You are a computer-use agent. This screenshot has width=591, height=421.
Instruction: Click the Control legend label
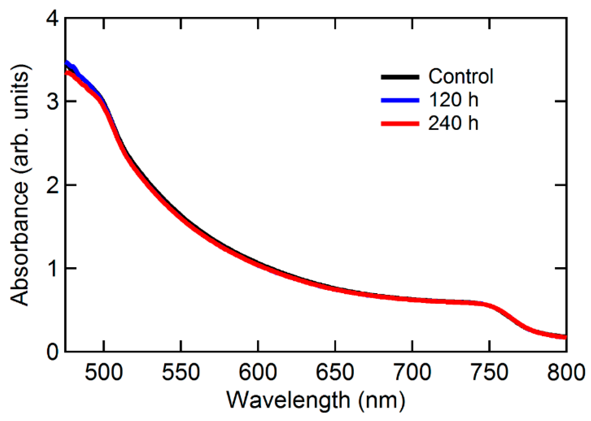coord(461,77)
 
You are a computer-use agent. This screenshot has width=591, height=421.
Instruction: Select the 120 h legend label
coord(453,100)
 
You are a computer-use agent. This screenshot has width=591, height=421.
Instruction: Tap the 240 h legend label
coord(453,123)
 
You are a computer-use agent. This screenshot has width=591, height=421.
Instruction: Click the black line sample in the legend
coord(400,77)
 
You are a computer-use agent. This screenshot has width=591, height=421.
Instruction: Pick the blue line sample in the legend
coord(400,100)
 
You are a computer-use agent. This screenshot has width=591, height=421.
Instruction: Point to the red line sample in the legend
coord(400,124)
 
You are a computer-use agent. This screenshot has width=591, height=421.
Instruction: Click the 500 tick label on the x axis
coord(104,372)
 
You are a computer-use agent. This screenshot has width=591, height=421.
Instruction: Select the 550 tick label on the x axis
coord(181,372)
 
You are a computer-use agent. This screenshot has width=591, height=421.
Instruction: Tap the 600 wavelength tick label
coord(258,372)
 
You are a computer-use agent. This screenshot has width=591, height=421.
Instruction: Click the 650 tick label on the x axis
coord(335,372)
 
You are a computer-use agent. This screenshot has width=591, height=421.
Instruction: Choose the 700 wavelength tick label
coord(412,372)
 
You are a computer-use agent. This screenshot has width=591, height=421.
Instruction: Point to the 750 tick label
coord(489,372)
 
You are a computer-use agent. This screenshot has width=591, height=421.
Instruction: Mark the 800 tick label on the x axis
coord(566,372)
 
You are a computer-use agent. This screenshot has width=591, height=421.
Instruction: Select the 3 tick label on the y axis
coord(53,102)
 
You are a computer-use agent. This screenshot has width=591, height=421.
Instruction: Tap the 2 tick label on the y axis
coord(53,185)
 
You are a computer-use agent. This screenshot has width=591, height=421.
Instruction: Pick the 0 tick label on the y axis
coord(53,352)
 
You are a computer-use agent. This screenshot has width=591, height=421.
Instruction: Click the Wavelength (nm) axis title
coord(316,400)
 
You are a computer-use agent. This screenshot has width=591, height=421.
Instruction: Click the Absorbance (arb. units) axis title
coord(20,185)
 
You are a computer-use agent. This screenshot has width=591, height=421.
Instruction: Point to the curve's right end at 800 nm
coord(565,337)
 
